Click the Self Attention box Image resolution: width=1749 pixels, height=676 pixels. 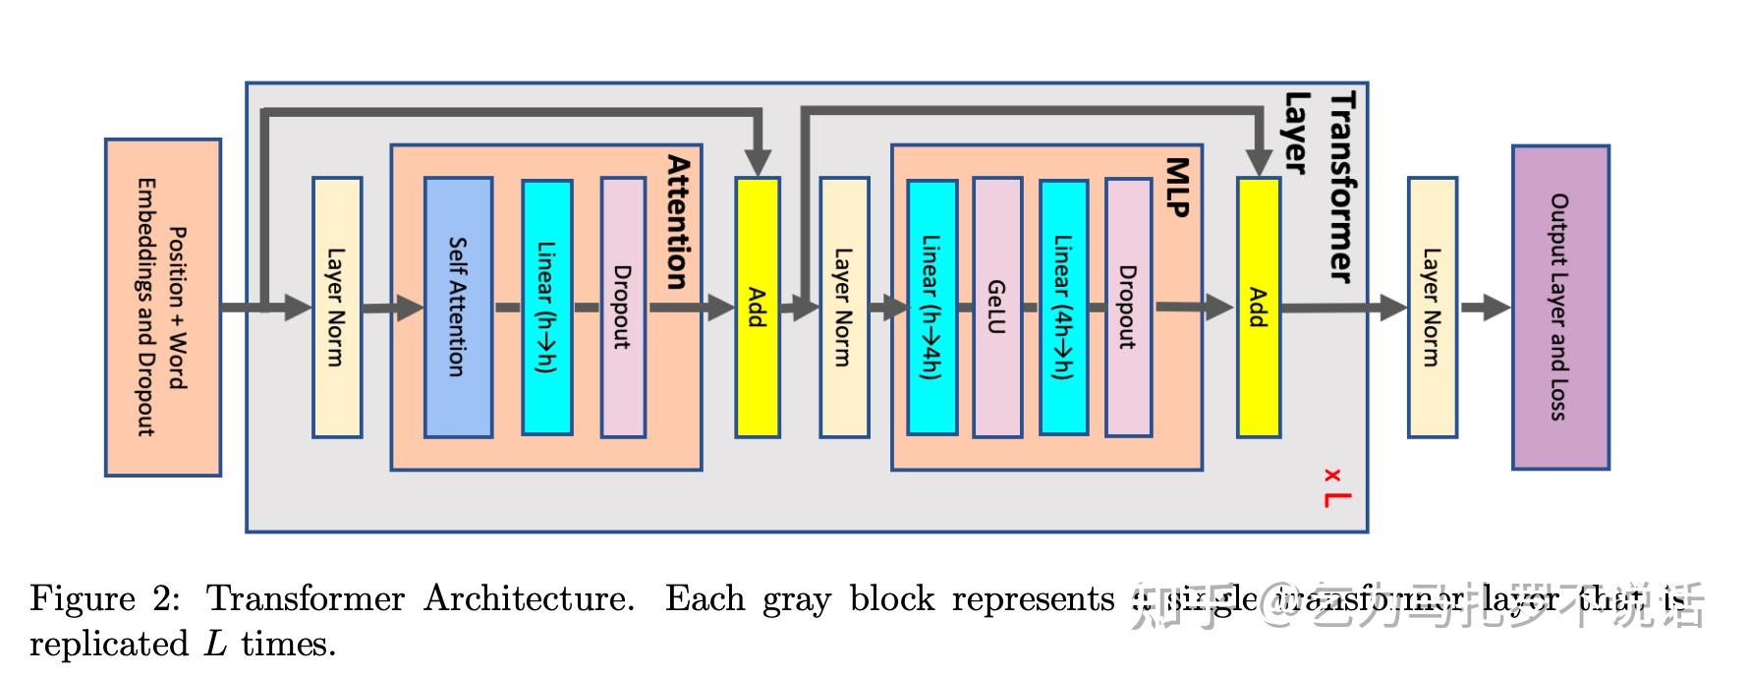[458, 307]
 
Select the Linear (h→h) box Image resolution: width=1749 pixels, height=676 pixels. [546, 307]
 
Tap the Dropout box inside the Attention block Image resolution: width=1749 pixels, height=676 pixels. [623, 307]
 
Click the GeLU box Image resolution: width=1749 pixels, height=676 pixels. [996, 307]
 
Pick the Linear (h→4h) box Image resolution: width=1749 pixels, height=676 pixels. [931, 307]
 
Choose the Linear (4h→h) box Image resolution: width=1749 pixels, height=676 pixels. [1063, 307]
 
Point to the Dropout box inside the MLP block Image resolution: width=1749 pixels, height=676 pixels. [1128, 307]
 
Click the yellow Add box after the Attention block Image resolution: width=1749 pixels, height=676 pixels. [758, 307]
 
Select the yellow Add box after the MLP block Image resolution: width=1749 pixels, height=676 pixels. [1258, 307]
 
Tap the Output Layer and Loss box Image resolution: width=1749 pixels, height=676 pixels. [1559, 307]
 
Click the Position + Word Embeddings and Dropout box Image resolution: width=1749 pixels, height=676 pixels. [163, 307]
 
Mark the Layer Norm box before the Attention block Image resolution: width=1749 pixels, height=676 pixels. [337, 307]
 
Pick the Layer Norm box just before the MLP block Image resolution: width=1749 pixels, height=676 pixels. [844, 307]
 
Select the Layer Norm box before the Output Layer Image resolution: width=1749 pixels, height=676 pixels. [1432, 307]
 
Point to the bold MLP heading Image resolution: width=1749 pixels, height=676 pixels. [1178, 187]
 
